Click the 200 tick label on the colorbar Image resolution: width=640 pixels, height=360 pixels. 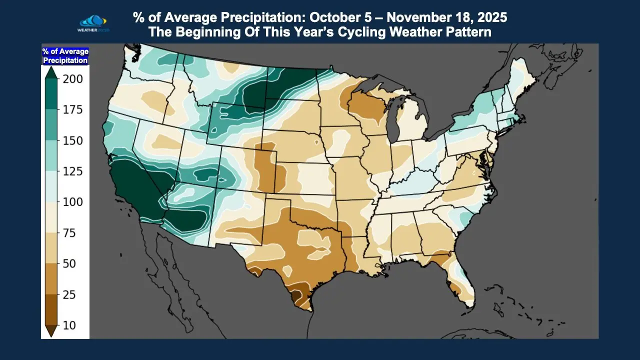click(x=73, y=79)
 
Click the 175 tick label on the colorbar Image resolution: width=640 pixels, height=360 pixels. click(x=73, y=109)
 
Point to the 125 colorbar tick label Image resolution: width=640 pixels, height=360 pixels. click(x=73, y=171)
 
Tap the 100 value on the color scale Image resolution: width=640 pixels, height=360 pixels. click(x=73, y=202)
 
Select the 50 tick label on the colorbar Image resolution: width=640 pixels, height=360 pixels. click(x=69, y=263)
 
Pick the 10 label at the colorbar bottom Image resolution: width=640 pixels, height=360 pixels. click(x=69, y=325)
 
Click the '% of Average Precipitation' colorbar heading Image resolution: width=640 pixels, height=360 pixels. click(x=65, y=55)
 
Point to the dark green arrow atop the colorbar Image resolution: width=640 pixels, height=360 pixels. click(x=50, y=72)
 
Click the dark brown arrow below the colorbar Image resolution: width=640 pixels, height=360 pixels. click(x=50, y=331)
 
